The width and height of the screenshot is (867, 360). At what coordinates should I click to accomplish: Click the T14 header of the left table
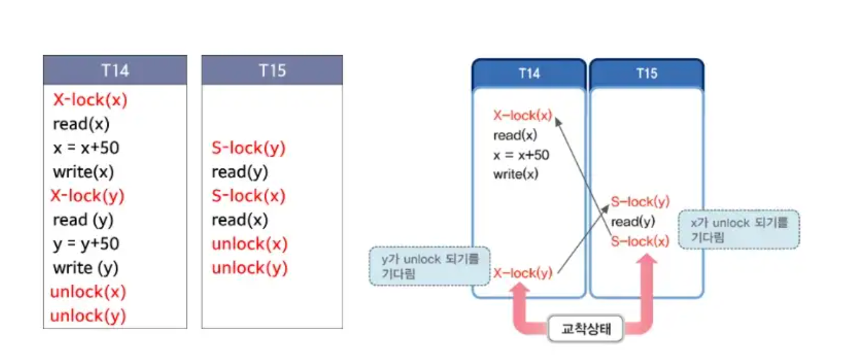[x=115, y=70]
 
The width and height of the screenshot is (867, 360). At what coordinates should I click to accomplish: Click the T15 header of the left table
[x=272, y=70]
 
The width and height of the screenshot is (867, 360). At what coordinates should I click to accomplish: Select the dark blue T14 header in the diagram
[x=529, y=73]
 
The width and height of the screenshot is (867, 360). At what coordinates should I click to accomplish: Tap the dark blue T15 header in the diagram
[x=646, y=73]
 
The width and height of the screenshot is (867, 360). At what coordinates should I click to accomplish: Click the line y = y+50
[x=86, y=244]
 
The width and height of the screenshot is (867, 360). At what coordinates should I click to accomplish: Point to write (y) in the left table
[x=86, y=268]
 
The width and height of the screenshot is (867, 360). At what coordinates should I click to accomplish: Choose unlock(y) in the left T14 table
[x=88, y=316]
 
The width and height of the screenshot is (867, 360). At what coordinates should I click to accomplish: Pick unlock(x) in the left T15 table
[x=250, y=244]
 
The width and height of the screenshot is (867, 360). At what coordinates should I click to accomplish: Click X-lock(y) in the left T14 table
[x=87, y=196]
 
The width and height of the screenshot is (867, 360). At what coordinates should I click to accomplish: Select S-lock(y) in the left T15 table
[x=248, y=148]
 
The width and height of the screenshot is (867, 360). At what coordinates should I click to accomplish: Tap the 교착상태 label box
[x=585, y=330]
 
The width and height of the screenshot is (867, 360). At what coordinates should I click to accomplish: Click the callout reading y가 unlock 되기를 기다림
[x=429, y=266]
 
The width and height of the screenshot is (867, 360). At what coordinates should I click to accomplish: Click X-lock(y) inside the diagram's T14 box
[x=523, y=273]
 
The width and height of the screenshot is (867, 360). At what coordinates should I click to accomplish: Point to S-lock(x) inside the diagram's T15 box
[x=640, y=242]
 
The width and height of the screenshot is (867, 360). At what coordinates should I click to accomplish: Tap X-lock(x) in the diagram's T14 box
[x=523, y=116]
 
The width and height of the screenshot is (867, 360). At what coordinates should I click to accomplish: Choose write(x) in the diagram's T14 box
[x=516, y=174]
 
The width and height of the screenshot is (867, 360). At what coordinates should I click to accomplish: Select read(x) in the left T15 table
[x=239, y=221]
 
